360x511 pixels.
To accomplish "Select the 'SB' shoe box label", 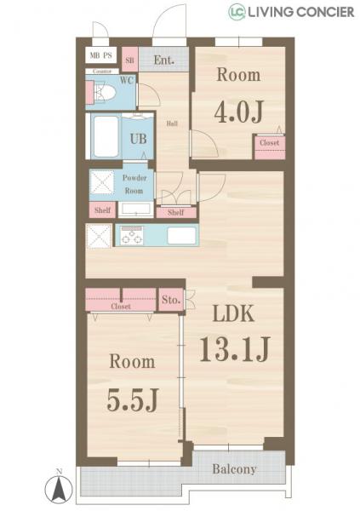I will [130, 60].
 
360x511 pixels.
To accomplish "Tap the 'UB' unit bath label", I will [137, 137].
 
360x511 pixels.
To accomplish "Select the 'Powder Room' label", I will [134, 184].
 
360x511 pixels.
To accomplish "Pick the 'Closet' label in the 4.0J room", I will [269, 143].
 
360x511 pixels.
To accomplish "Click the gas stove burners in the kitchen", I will [132, 236].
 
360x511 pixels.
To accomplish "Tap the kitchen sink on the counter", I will [182, 236].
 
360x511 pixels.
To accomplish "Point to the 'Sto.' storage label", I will [169, 300].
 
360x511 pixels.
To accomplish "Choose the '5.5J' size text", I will [132, 398].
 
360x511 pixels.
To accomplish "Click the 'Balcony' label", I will [235, 469].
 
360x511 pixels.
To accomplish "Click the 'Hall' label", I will [171, 123].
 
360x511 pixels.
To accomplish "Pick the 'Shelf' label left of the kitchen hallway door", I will [101, 210].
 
